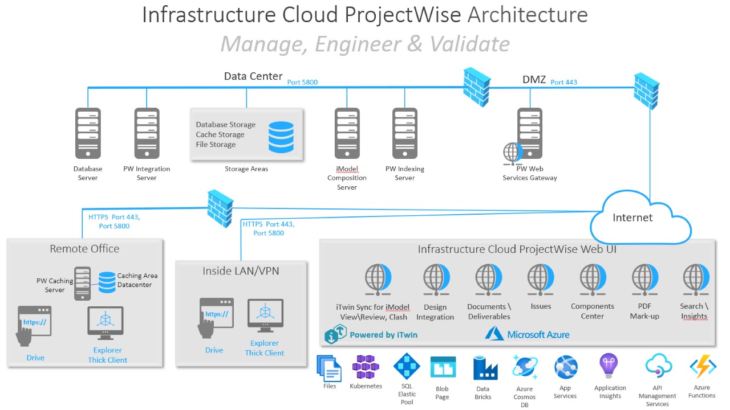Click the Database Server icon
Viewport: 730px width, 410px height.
[88, 133]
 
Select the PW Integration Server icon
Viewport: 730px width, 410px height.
[147, 133]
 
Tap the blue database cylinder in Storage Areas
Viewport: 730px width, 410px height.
[281, 137]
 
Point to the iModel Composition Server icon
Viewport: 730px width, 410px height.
[347, 133]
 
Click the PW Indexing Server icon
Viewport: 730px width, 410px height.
[405, 133]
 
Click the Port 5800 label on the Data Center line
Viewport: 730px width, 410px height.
[302, 83]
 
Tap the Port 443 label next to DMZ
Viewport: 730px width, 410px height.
[563, 83]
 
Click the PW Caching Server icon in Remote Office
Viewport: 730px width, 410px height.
[83, 283]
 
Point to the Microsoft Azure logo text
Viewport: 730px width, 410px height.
[538, 335]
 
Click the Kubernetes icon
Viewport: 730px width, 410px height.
[365, 367]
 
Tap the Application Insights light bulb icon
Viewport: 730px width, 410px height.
[610, 367]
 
